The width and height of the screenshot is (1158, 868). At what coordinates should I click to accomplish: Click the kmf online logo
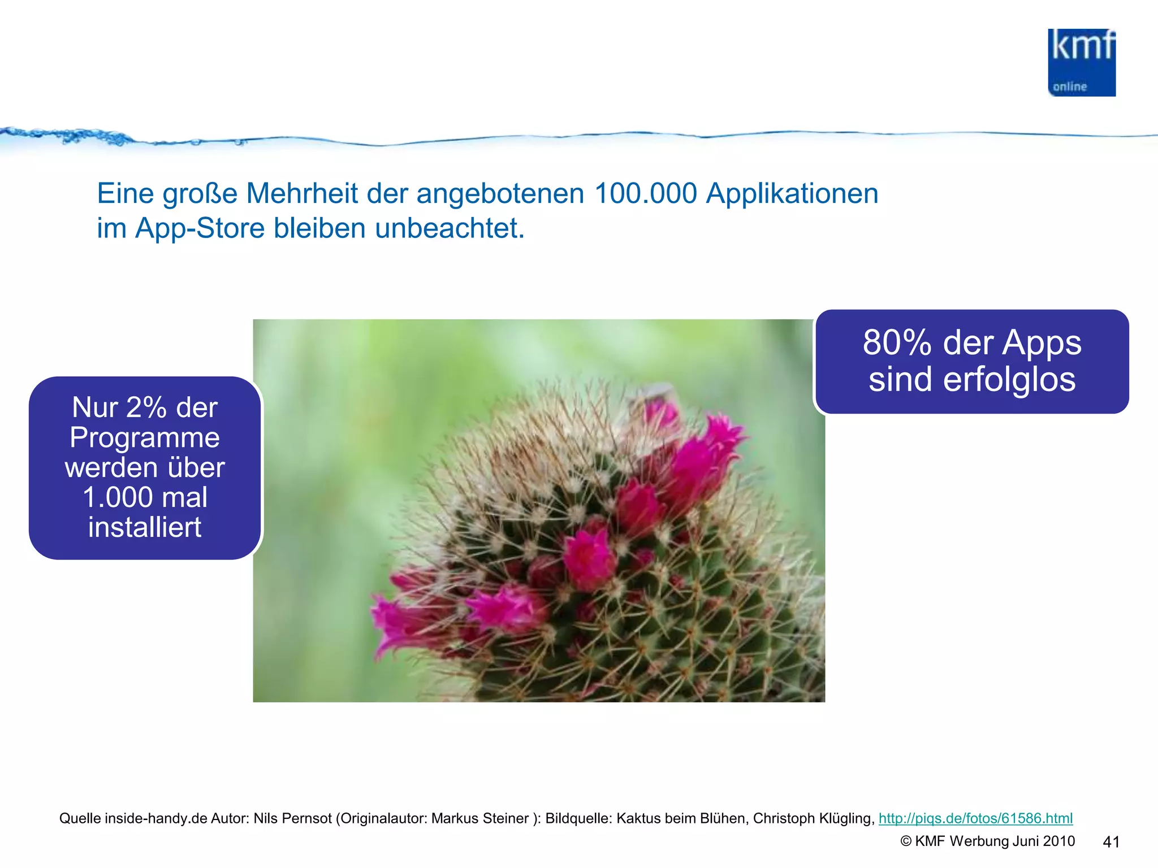click(x=1081, y=63)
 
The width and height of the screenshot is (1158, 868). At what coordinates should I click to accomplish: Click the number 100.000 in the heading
click(x=645, y=194)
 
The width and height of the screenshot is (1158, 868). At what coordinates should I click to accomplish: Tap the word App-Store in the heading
click(x=200, y=229)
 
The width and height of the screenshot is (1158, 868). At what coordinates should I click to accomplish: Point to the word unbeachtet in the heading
click(x=450, y=229)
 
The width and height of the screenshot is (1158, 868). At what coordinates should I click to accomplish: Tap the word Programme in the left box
click(x=145, y=437)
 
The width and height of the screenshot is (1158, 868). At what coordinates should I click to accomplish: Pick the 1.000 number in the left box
click(x=117, y=497)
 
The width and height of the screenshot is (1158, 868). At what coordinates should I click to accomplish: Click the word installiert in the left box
click(x=145, y=527)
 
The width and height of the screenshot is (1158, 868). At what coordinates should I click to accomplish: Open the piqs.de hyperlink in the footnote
click(x=975, y=818)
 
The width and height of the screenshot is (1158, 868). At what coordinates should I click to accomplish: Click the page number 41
click(x=1111, y=842)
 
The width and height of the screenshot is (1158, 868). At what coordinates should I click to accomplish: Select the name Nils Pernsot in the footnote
click(x=292, y=818)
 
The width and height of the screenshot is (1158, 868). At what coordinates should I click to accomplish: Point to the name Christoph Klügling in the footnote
click(x=813, y=818)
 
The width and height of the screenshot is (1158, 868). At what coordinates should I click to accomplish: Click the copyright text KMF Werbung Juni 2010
click(x=994, y=841)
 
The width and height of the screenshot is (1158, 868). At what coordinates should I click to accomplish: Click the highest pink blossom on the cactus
click(x=660, y=415)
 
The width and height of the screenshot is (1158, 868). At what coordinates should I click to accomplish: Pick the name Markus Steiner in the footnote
click(x=480, y=818)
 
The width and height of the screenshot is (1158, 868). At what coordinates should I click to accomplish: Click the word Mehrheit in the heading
click(x=303, y=194)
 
